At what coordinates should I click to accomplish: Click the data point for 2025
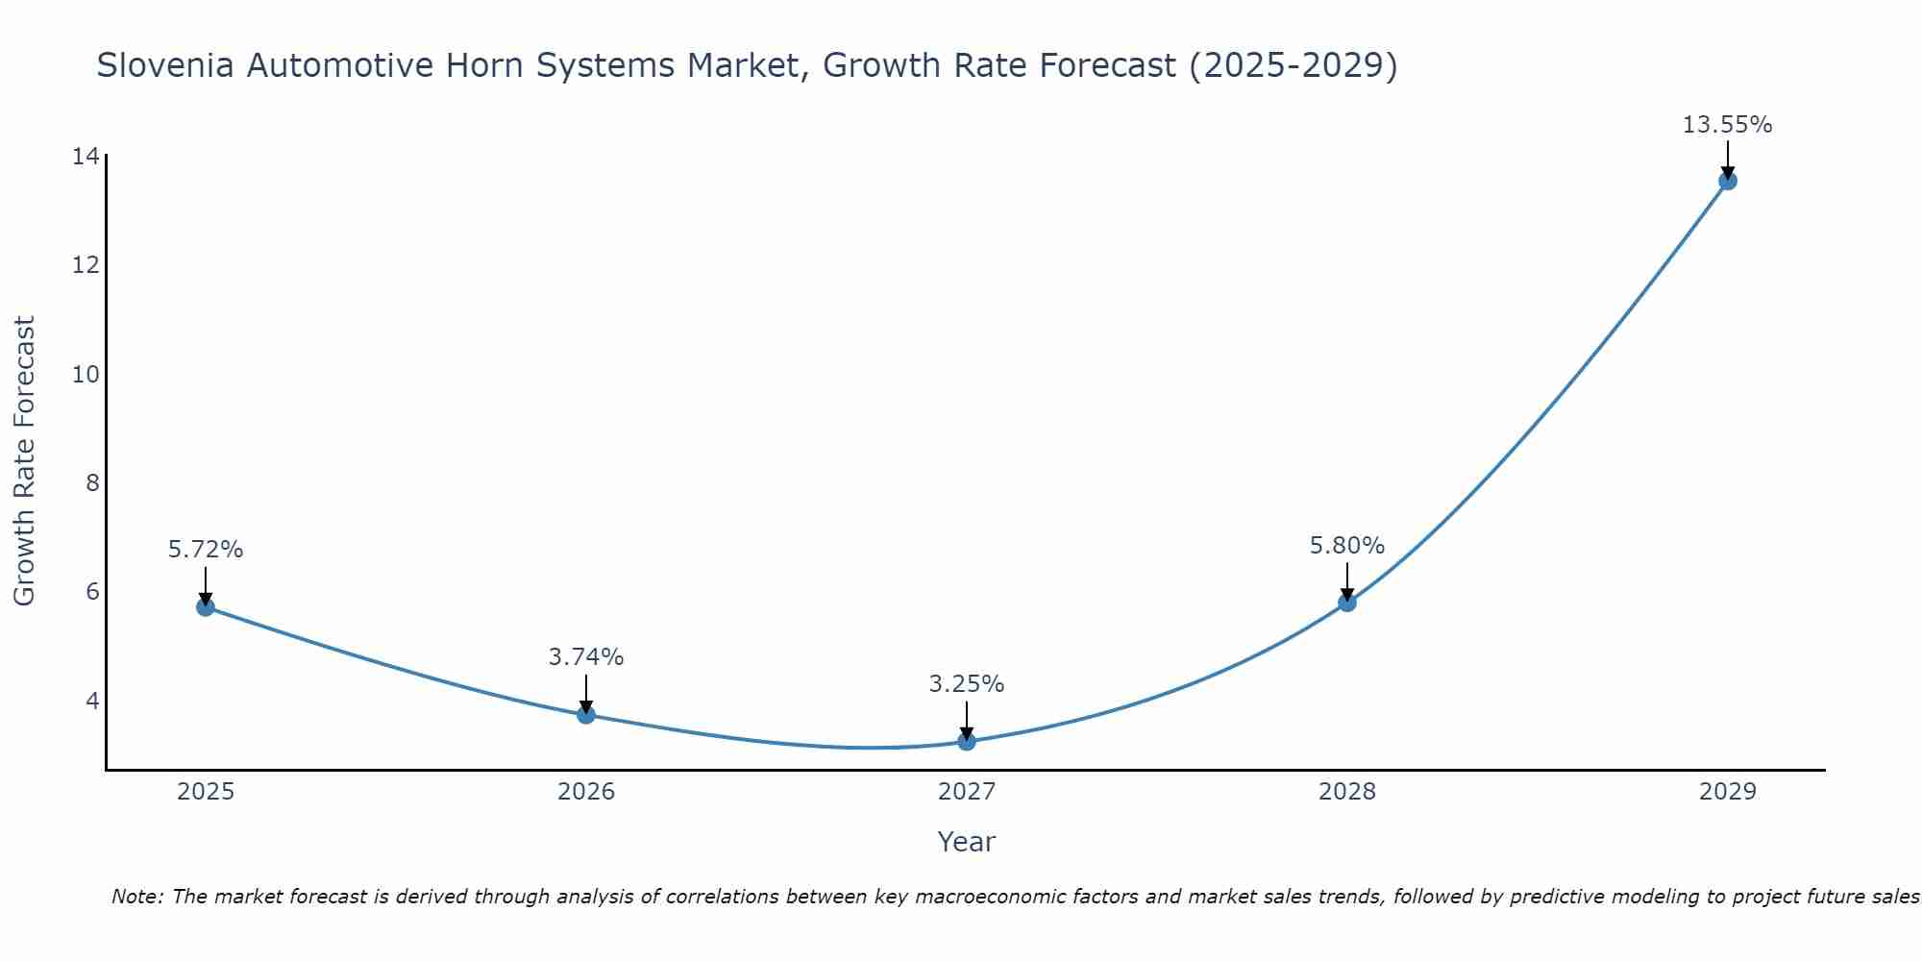[x=206, y=606]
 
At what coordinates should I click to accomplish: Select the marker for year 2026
[x=586, y=714]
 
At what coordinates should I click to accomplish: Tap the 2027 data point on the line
[x=967, y=741]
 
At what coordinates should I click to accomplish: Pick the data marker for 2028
[x=1347, y=603]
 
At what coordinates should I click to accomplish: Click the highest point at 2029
[x=1728, y=181]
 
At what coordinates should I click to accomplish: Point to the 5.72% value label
[x=206, y=550]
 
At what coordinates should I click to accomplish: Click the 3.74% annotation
[x=586, y=657]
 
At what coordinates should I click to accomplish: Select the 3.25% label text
[x=967, y=684]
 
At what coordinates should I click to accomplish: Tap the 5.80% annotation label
[x=1347, y=546]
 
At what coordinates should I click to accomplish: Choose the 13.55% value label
[x=1728, y=125]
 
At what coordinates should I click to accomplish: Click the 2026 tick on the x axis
[x=586, y=792]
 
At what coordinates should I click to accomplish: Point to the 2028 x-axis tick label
[x=1347, y=792]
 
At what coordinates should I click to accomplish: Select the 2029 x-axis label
[x=1728, y=792]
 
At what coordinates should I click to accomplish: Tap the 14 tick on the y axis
[x=86, y=156]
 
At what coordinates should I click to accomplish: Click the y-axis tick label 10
[x=86, y=374]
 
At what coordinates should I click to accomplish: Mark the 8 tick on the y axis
[x=92, y=482]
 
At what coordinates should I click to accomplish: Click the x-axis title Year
[x=967, y=842]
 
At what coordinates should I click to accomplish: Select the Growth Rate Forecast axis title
[x=25, y=461]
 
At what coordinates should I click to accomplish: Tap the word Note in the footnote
[x=136, y=897]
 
